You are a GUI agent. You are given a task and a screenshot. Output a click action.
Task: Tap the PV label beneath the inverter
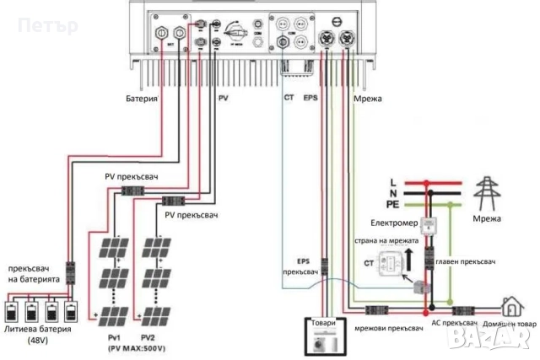(x=224, y=99)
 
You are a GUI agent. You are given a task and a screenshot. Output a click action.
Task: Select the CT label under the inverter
(x=289, y=99)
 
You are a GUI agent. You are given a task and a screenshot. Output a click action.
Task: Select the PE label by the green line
(x=393, y=204)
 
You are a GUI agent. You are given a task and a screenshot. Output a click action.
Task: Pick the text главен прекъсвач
(x=465, y=262)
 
